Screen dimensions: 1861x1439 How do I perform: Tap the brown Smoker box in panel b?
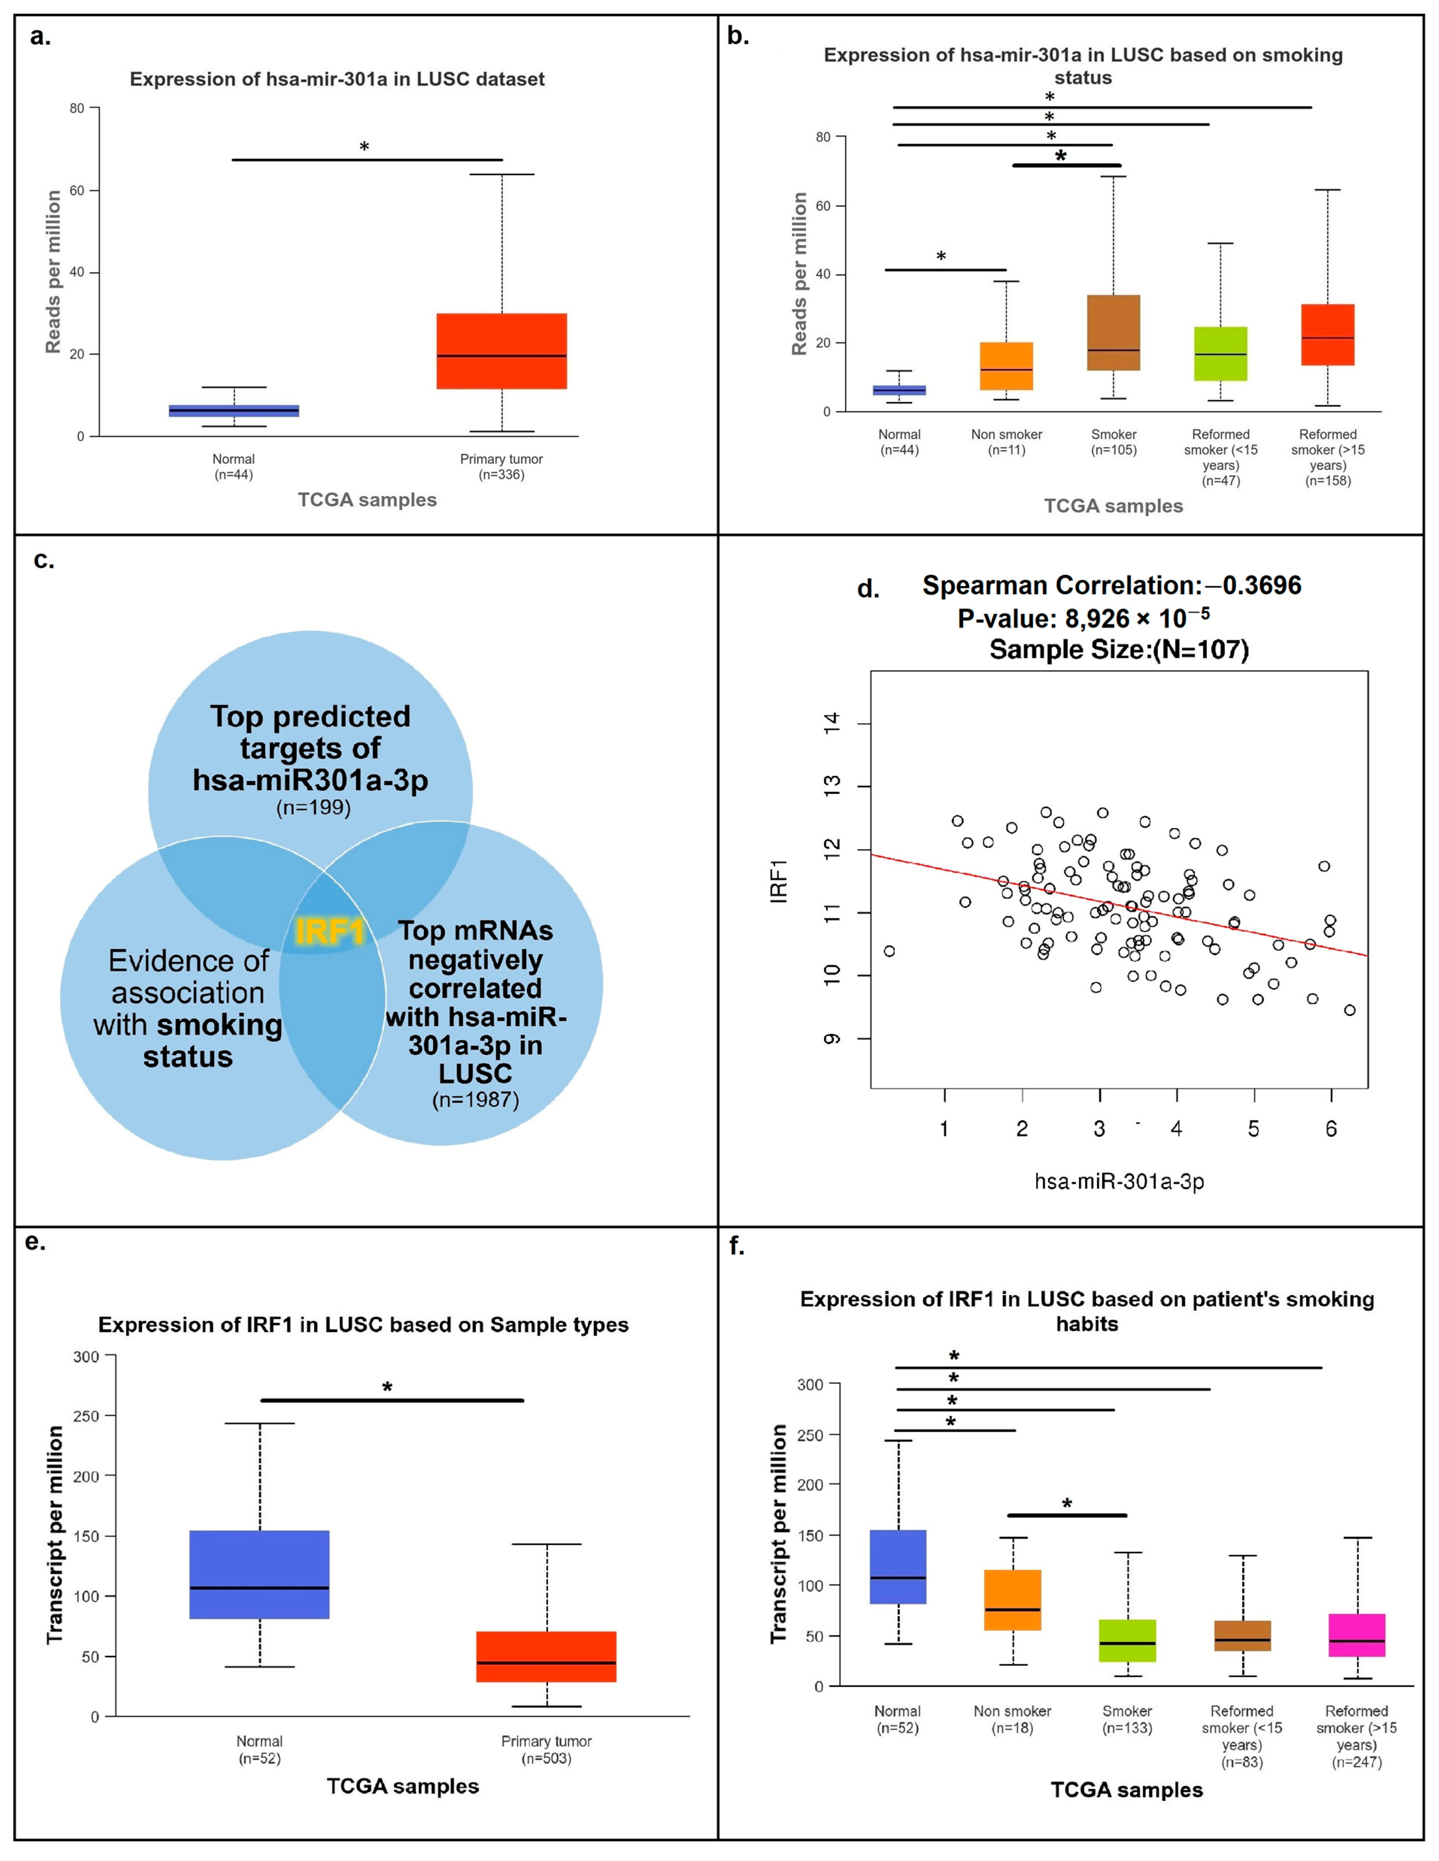(x=1113, y=332)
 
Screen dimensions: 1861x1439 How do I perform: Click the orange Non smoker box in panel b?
(x=1006, y=367)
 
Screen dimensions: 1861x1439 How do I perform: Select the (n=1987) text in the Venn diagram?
(x=476, y=1099)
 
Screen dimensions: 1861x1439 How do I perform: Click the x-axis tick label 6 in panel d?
(x=1331, y=1129)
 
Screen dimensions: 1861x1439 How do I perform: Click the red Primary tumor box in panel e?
(x=546, y=1656)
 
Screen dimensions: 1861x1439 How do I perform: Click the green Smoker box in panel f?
(x=1127, y=1640)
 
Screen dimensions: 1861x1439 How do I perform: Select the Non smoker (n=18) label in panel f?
(x=1012, y=1719)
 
